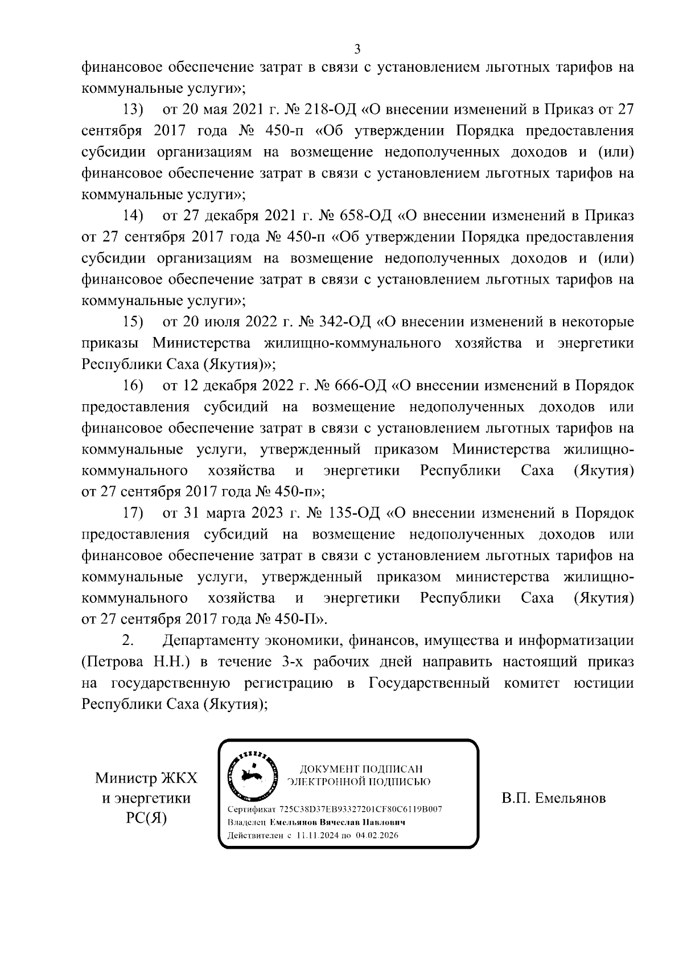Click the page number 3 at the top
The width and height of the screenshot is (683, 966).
click(357, 49)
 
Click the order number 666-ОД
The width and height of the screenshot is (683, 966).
click(359, 386)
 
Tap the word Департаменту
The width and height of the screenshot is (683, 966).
click(211, 641)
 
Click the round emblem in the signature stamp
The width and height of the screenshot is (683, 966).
click(252, 775)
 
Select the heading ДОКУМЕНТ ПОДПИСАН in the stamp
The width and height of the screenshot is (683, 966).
click(361, 769)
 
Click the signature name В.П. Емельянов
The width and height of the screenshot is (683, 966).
click(554, 798)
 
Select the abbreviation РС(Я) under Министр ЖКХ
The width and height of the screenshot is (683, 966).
click(146, 819)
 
